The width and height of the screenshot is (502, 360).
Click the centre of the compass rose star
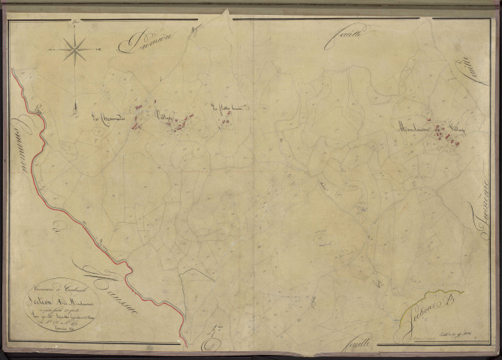(x=75, y=51)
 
